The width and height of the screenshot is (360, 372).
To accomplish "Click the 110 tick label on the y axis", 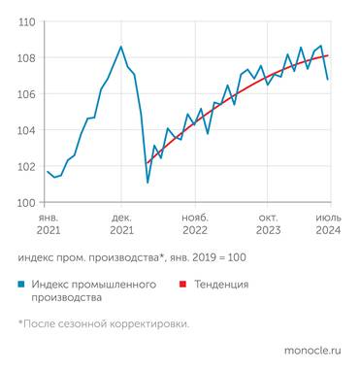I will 26,21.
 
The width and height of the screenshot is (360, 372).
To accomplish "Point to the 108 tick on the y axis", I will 26,57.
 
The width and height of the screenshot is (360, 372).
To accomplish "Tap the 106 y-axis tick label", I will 26,94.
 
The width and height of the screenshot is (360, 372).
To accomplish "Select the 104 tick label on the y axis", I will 26,130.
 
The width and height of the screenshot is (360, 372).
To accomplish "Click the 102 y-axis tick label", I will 26,166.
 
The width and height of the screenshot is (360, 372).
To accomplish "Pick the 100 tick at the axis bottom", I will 26,202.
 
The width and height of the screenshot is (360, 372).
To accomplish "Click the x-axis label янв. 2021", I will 49,225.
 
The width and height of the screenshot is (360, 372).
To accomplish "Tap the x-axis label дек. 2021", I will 121,225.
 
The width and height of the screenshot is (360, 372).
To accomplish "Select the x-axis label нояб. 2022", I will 195,225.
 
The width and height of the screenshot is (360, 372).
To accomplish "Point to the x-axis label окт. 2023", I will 269,225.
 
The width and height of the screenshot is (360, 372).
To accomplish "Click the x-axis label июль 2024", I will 327,225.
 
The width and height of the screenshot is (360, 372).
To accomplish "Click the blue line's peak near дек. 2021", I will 120,47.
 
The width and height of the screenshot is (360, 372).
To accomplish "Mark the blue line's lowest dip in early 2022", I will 147,182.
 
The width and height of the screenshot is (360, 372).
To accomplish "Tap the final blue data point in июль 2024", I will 328,79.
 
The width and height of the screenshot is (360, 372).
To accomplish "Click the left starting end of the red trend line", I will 147,163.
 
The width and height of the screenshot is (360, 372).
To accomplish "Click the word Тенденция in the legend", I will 221,285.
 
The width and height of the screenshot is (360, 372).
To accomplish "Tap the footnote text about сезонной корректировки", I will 103,324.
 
